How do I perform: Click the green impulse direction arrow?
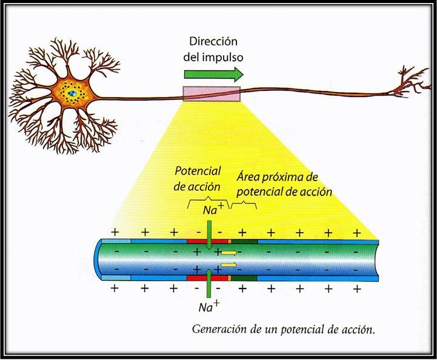pos(213,74)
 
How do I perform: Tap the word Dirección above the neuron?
pos(212,42)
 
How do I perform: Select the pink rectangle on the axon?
pos(212,93)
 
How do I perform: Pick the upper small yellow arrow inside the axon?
pos(229,252)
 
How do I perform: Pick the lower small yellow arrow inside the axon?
pos(228,265)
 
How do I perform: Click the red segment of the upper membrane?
pos(207,241)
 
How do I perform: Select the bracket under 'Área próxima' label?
pos(244,204)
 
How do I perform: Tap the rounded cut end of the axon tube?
pos(101,259)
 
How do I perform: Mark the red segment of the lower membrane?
pos(207,279)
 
